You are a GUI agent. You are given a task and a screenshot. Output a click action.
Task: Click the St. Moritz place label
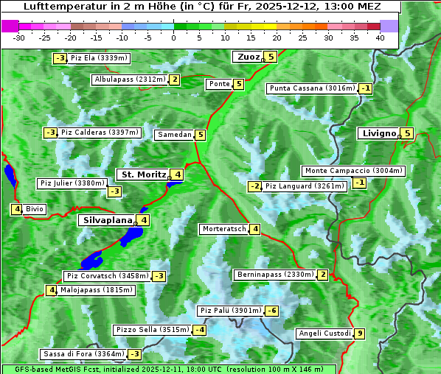142,174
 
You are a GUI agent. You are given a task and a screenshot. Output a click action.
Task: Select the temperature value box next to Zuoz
271,57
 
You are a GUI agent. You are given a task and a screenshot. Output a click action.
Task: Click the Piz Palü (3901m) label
230,311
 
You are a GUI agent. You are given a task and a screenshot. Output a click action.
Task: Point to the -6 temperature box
272,311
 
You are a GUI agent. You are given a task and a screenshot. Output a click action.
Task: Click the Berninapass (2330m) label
275,275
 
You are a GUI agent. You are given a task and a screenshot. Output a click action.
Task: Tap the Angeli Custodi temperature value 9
360,334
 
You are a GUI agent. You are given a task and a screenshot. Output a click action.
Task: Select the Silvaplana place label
108,220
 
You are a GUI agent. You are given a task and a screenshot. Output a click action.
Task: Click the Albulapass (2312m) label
129,80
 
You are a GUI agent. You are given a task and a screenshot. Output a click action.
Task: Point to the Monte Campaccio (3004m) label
353,171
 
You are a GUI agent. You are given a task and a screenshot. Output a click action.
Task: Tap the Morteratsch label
223,229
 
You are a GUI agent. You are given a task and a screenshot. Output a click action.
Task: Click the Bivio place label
35,209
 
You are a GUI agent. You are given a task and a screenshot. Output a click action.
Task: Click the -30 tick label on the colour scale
19,38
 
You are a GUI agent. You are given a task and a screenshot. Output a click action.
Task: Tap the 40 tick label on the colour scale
380,38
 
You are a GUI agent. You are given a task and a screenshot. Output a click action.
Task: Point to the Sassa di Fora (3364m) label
83,354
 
